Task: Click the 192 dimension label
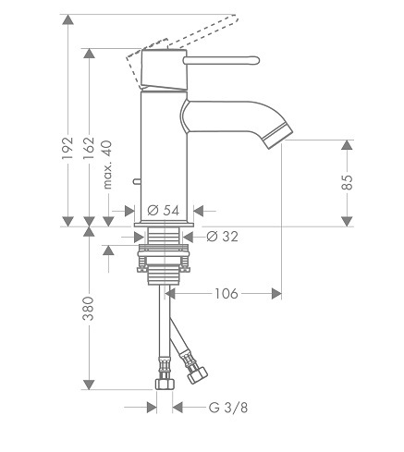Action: [67, 148]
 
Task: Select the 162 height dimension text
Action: [89, 148]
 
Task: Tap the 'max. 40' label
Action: [107, 165]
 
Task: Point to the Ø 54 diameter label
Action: [164, 211]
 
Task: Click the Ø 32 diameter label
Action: [222, 237]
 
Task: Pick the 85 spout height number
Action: [348, 182]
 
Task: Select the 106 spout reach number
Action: [226, 294]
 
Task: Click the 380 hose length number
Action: [89, 309]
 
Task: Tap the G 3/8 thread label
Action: [228, 408]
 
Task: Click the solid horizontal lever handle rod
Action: [221, 60]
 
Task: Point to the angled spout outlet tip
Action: [278, 137]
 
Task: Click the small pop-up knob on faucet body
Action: [137, 181]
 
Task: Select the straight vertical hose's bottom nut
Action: [165, 385]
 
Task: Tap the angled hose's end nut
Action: [198, 375]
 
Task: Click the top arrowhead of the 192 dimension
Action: [67, 19]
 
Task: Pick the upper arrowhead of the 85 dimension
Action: [348, 145]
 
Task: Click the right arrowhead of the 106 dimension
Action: [276, 294]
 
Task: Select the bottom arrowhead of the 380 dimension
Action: [89, 385]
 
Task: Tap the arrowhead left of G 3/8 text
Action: [152, 408]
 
